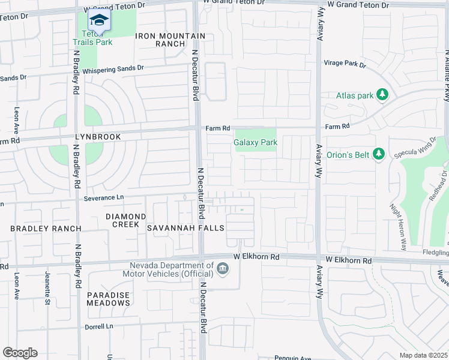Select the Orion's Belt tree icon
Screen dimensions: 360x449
378,154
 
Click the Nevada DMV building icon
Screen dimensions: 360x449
223,268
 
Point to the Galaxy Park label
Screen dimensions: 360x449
255,142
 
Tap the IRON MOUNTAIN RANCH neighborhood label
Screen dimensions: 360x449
170,40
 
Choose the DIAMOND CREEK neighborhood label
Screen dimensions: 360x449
126,220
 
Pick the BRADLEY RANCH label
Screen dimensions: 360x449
46,229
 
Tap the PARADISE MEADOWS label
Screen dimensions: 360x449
109,299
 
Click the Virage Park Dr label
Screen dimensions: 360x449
345,63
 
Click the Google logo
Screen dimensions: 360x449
20,353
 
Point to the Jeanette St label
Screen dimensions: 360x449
47,287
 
